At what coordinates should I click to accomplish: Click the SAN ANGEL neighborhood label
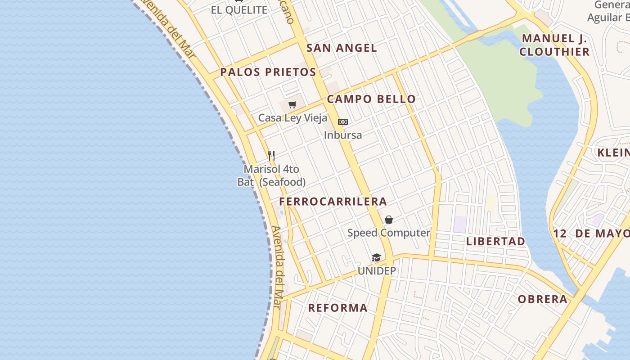(342, 48)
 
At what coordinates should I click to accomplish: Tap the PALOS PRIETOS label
(268, 72)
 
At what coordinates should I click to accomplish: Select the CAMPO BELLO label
(371, 99)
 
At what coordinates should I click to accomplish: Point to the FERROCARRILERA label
(333, 201)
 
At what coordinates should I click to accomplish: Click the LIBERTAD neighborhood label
(495, 241)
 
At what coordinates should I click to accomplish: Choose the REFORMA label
(337, 308)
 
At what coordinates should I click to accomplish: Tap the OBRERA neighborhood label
(542, 299)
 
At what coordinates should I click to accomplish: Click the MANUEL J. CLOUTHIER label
(555, 45)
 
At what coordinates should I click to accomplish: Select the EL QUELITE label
(239, 10)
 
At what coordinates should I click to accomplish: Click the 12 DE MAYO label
(591, 233)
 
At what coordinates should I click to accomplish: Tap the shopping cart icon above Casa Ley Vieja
(292, 105)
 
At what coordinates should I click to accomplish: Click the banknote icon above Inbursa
(343, 122)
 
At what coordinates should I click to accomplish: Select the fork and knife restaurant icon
(271, 156)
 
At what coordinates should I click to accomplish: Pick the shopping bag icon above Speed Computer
(389, 220)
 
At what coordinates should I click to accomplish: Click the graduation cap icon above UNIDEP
(376, 257)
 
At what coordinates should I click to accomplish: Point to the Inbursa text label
(343, 135)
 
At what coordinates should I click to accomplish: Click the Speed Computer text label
(389, 233)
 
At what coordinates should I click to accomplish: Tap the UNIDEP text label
(377, 271)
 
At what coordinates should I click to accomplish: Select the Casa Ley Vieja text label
(292, 118)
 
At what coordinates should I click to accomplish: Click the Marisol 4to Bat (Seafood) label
(271, 175)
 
